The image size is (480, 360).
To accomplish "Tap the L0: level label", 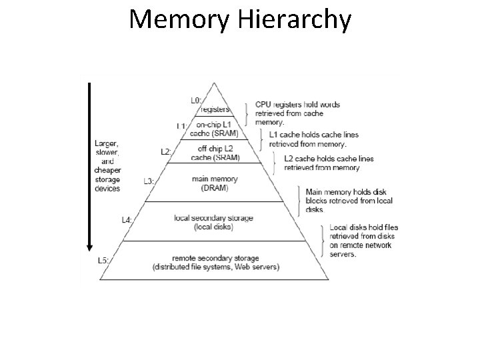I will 196,101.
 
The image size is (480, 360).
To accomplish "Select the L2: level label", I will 167,152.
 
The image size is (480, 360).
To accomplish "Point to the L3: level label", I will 149,181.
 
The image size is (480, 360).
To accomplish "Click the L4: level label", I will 127,219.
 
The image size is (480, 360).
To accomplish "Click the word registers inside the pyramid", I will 215,109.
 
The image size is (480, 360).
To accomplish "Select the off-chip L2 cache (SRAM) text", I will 215,153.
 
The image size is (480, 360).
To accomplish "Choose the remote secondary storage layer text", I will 215,263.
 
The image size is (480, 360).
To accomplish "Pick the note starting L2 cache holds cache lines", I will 329,163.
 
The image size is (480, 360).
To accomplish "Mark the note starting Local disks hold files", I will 363,241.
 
